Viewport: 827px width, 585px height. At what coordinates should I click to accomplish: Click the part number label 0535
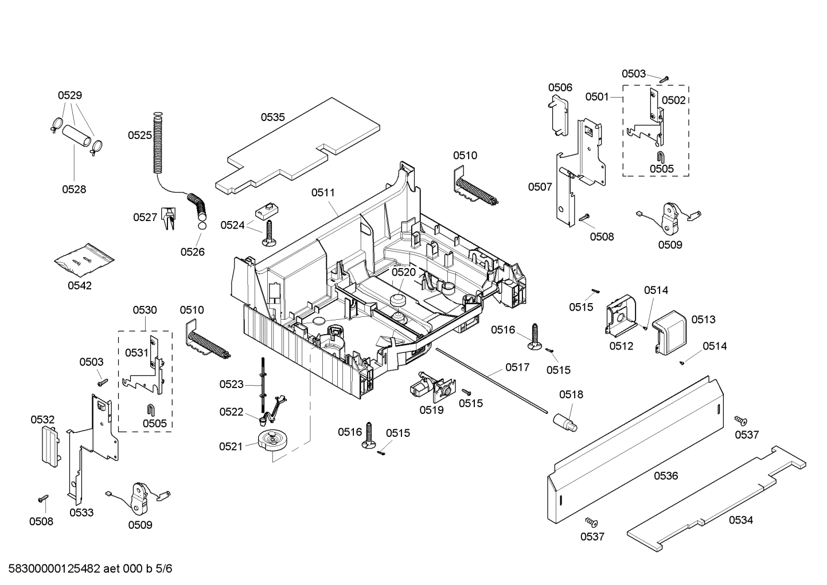[272, 117]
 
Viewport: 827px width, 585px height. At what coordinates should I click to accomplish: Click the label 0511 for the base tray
[323, 193]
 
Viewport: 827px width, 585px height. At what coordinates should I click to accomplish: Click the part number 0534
[740, 520]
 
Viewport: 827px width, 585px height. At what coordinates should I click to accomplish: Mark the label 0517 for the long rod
[517, 367]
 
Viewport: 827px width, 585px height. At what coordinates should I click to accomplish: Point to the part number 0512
[621, 346]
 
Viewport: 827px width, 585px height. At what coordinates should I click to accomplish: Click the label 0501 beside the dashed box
[596, 96]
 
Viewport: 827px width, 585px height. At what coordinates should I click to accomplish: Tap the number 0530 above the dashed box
[145, 310]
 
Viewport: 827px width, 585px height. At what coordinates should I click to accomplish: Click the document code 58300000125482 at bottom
[51, 569]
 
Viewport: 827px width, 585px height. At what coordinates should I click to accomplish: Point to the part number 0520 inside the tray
[403, 272]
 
